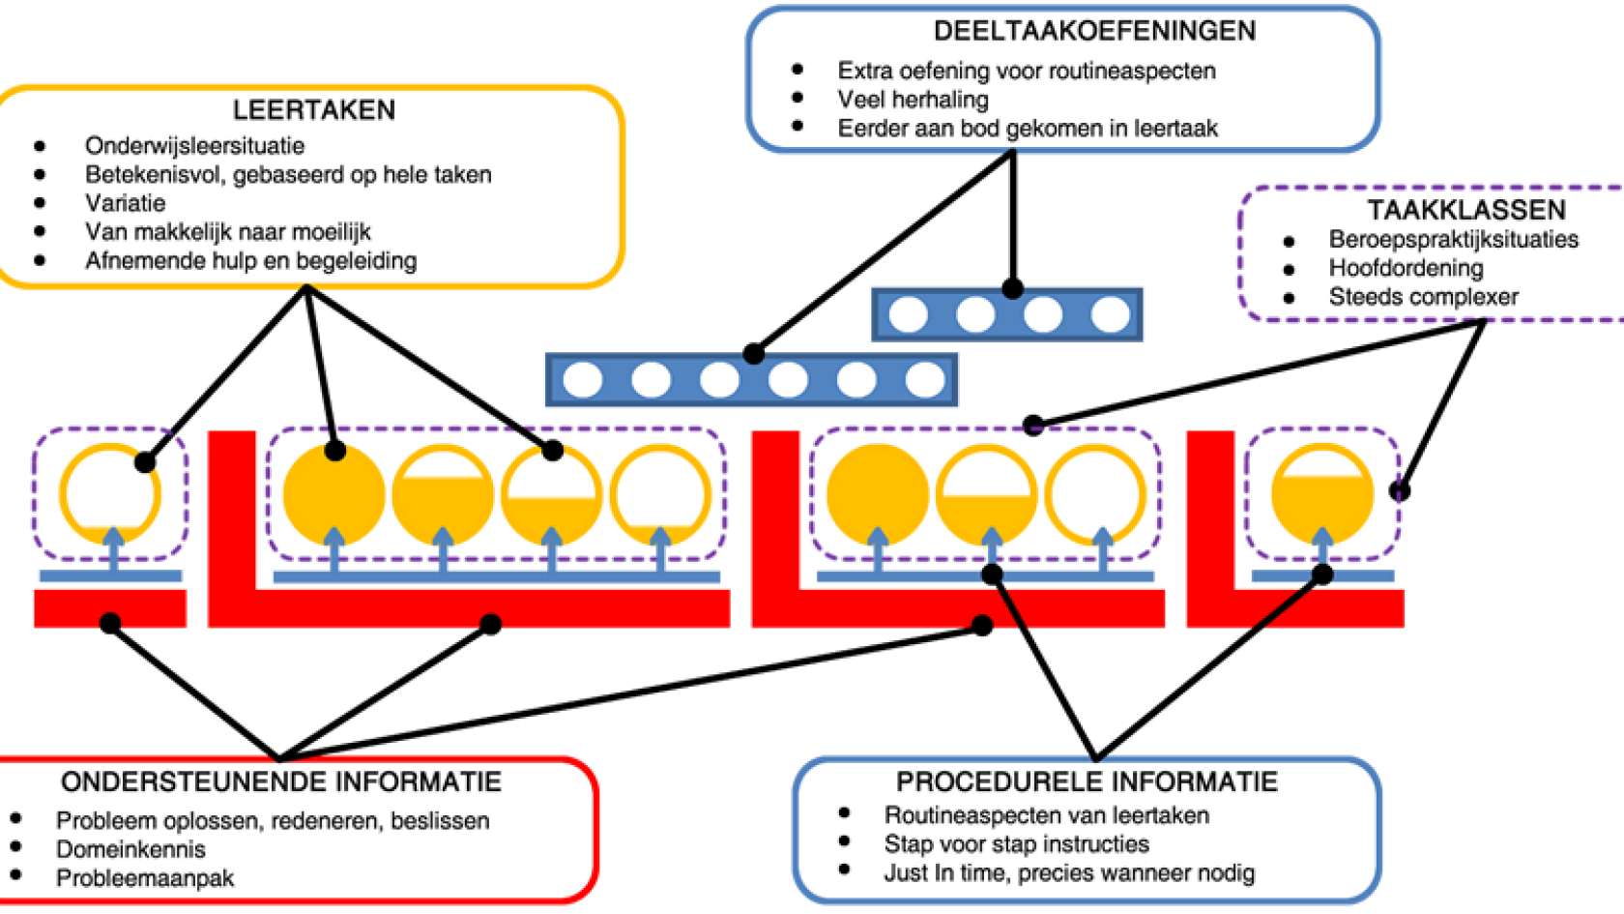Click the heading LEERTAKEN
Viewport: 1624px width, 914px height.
[314, 110]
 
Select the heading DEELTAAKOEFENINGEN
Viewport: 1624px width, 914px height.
[1094, 31]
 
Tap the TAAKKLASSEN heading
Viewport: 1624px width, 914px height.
[1465, 210]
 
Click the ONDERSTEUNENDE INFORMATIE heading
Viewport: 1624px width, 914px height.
[280, 781]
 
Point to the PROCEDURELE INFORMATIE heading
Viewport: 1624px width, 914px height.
[1087, 781]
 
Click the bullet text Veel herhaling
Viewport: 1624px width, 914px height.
[913, 100]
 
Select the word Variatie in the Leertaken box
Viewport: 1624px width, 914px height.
[125, 203]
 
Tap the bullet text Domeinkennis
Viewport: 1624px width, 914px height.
[130, 849]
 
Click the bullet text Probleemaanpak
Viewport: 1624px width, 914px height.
[145, 878]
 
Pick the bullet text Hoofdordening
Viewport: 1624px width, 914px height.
[1406, 268]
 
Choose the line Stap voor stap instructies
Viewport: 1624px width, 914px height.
[1016, 844]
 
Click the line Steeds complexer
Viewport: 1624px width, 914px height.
[1423, 297]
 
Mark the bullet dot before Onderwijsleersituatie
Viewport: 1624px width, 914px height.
[40, 146]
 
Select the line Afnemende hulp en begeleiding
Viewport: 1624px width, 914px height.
[250, 261]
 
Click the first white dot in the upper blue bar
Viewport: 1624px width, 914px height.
[908, 314]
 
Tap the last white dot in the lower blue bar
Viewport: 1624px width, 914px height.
[925, 380]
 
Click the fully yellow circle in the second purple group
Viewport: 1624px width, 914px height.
[333, 493]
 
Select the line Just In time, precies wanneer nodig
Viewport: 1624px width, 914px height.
[1069, 873]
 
